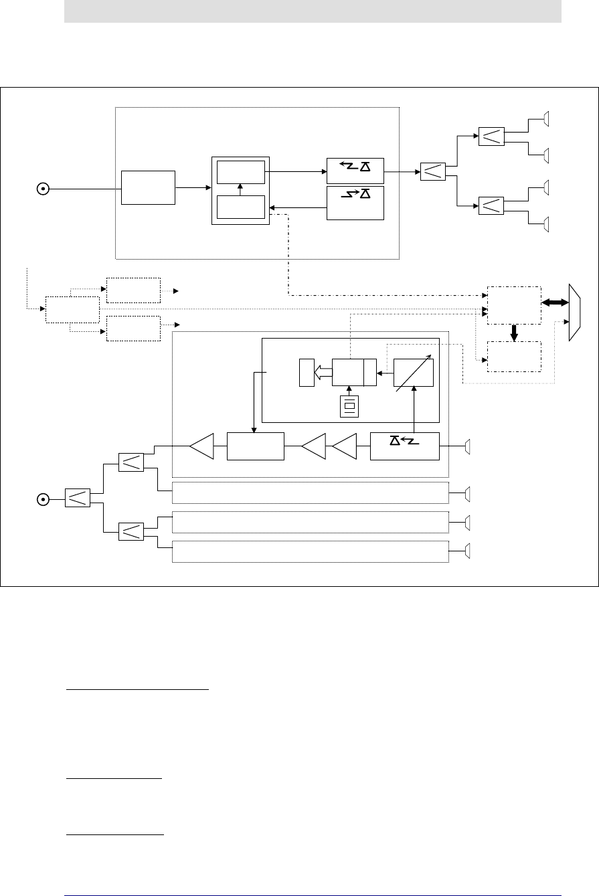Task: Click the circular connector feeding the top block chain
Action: tap(42, 189)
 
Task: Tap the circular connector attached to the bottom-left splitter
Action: tap(42, 498)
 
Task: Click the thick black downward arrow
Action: tap(514, 333)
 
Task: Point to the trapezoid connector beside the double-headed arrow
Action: tap(574, 312)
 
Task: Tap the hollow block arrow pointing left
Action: tap(323, 372)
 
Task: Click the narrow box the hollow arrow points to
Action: tap(307, 372)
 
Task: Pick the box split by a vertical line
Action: tap(354, 373)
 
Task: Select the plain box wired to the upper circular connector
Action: tap(147, 188)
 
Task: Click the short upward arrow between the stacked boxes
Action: tap(240, 189)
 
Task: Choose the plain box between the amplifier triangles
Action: tap(256, 446)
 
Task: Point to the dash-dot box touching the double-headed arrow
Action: tap(513, 304)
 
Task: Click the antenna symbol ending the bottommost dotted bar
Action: tap(468, 551)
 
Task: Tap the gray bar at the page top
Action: tap(312, 11)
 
